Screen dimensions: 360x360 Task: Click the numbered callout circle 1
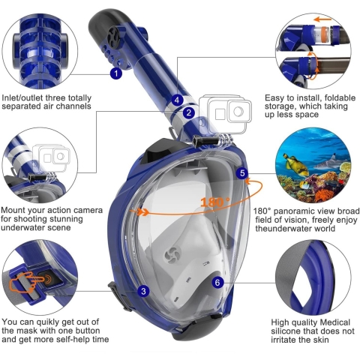click(115, 73)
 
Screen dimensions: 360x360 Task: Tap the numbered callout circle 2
click(189, 112)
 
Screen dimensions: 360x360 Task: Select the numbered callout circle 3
click(143, 291)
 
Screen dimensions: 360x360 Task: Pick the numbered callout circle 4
click(177, 100)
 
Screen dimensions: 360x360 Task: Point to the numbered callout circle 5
click(242, 173)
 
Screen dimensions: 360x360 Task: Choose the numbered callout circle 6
click(217, 283)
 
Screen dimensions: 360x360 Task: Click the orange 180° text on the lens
click(215, 201)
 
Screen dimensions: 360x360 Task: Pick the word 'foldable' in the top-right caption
click(339, 97)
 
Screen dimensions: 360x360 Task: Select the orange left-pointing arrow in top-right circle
click(322, 19)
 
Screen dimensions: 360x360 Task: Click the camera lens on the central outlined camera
click(238, 112)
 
